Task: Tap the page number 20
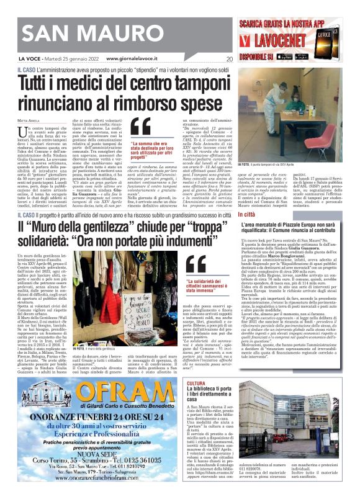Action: click(x=229, y=60)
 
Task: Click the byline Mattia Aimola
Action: click(x=29, y=119)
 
